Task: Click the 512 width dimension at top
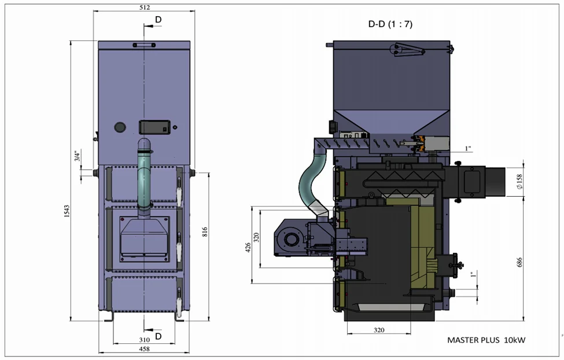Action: [x=144, y=8]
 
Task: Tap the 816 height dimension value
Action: [x=205, y=232]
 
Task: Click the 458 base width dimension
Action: [x=144, y=349]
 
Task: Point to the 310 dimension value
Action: [x=144, y=339]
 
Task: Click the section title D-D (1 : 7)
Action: [x=390, y=24]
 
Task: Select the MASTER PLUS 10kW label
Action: [x=486, y=340]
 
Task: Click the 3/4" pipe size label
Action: [x=76, y=156]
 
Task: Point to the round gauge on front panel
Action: [x=120, y=126]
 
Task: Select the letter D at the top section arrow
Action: [x=158, y=21]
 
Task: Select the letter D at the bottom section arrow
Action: [x=157, y=336]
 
